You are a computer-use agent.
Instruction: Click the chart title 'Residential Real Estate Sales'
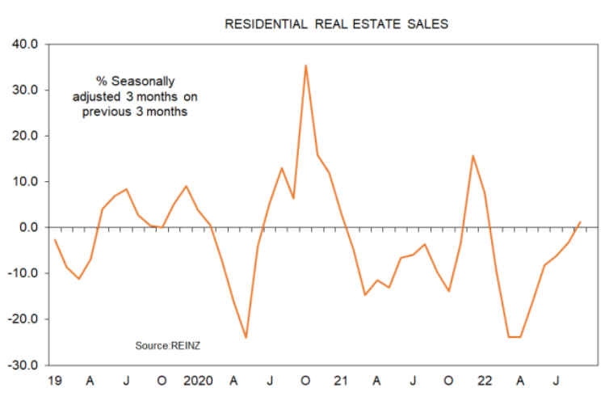(x=336, y=24)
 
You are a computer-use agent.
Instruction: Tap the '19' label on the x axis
(x=55, y=381)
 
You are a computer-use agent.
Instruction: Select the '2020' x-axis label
(x=197, y=381)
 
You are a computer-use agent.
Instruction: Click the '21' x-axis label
(x=341, y=381)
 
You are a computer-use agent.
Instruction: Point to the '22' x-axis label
(x=485, y=381)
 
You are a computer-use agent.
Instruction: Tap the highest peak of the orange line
(x=305, y=65)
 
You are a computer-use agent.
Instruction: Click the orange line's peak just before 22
(x=473, y=156)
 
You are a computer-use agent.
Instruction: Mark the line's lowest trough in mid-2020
(x=246, y=338)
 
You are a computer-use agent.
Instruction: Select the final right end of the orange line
(x=580, y=221)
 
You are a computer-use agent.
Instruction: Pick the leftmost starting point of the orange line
(x=55, y=239)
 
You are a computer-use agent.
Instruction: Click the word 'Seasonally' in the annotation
(x=144, y=82)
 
